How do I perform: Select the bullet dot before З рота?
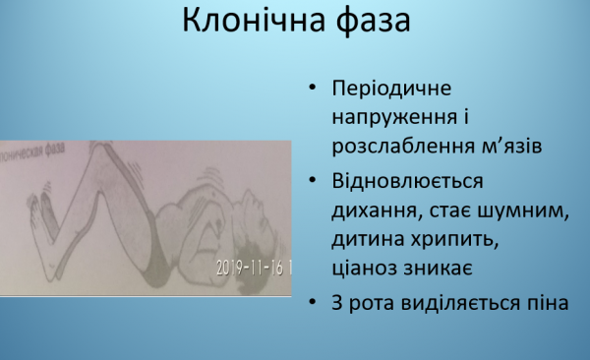312,305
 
